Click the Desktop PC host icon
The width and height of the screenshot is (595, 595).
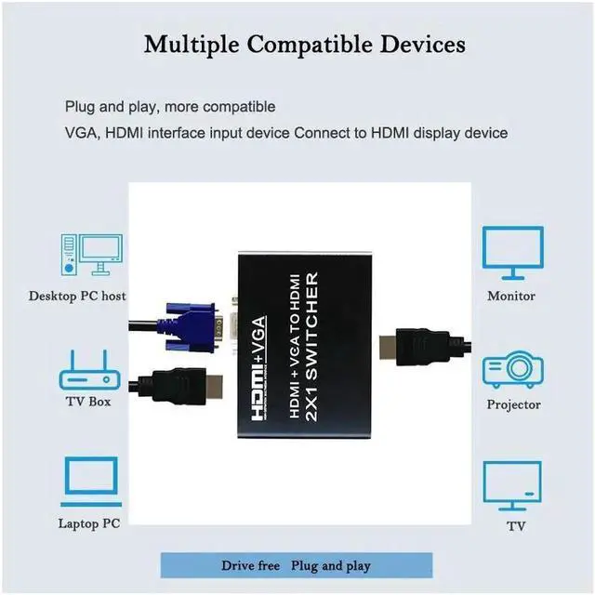point(91,255)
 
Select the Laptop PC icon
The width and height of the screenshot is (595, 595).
point(91,482)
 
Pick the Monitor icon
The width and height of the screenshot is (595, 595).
point(512,253)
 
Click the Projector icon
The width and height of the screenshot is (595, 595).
point(512,369)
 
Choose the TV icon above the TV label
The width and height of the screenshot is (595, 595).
point(512,485)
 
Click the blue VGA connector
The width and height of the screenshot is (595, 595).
point(190,327)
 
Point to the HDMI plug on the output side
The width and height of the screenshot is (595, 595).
point(421,347)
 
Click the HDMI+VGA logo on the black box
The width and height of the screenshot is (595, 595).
point(258,368)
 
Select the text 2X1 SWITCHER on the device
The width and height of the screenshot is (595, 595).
point(311,347)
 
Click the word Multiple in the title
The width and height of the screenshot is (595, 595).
point(192,45)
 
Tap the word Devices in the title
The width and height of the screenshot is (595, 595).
point(423,44)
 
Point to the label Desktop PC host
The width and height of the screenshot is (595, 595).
point(77,296)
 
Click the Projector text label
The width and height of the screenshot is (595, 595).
point(514,404)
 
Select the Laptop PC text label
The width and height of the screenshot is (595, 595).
point(89,523)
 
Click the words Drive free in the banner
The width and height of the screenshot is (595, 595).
point(250,565)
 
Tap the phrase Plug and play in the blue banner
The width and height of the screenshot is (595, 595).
point(331,566)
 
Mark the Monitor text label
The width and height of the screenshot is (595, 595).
point(511,296)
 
